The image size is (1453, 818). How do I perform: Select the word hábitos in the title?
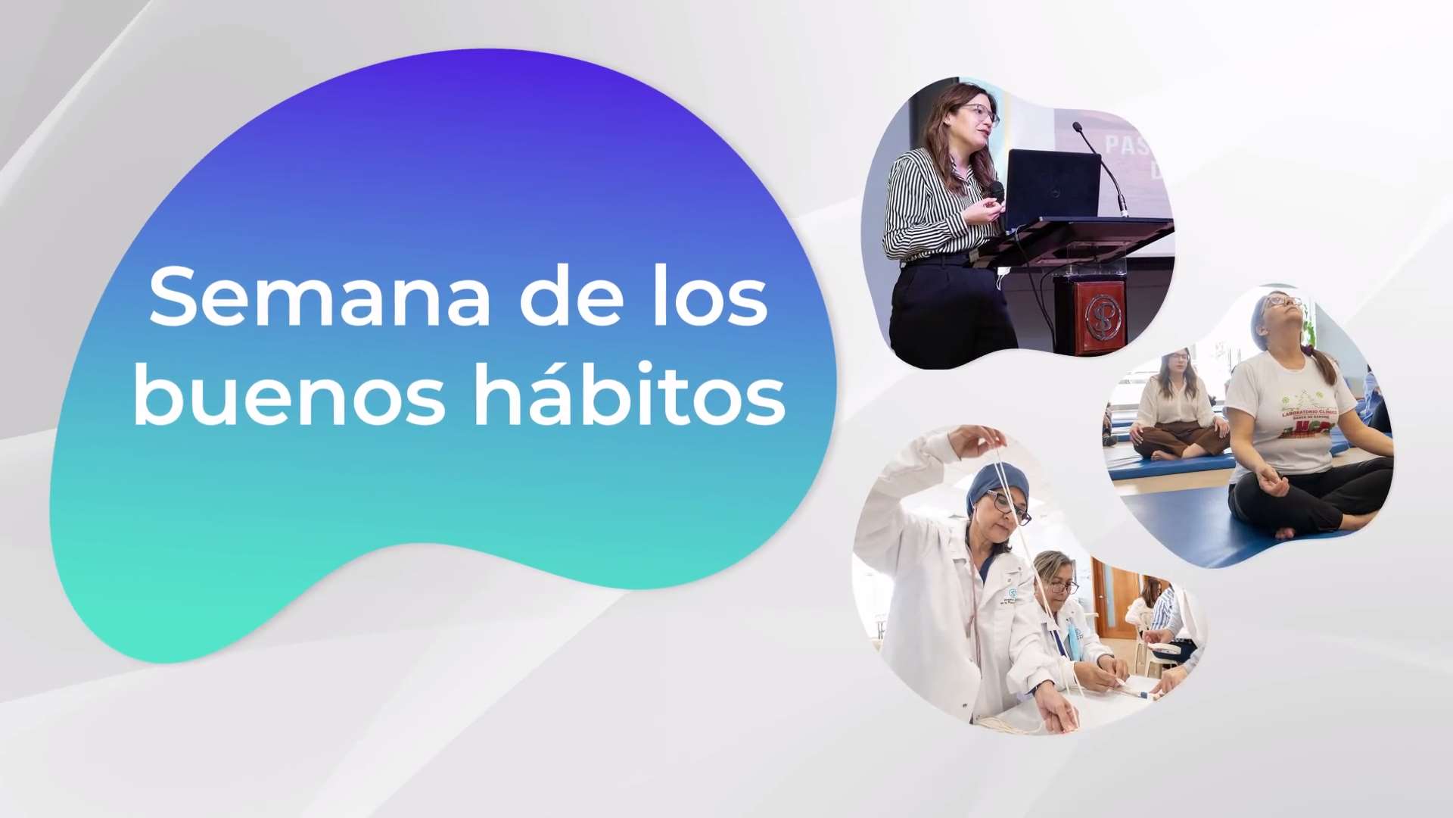(630, 396)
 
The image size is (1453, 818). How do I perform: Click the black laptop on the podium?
(1052, 186)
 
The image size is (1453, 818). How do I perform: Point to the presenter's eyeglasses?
(982, 114)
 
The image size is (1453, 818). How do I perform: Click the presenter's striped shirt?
(927, 204)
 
